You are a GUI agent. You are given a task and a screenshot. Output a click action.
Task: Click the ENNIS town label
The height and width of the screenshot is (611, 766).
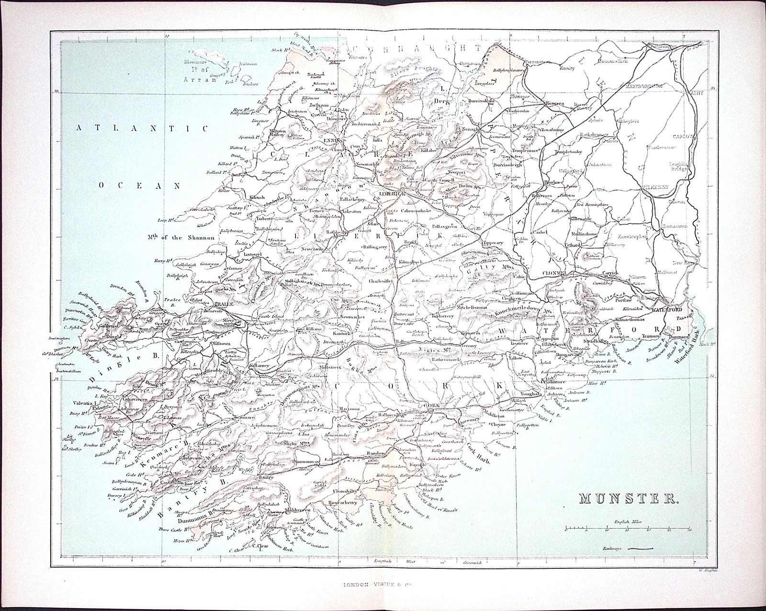pos(331,140)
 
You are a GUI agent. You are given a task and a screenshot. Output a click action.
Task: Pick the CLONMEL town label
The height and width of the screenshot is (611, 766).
pos(555,272)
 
